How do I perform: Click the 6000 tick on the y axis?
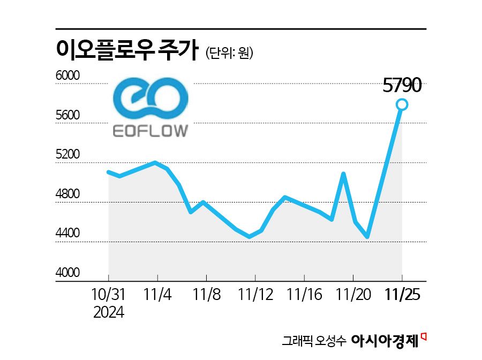tap(67, 76)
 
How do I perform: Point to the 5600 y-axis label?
tap(67, 116)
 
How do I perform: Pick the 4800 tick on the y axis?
tap(67, 194)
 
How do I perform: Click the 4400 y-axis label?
tap(67, 234)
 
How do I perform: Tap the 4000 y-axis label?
tap(67, 273)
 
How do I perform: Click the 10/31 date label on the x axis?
tap(108, 294)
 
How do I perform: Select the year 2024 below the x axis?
tap(108, 312)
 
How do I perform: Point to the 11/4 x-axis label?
tap(157, 294)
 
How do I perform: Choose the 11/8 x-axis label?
tap(206, 294)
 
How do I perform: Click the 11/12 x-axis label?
tap(255, 294)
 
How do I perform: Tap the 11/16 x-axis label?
tap(304, 294)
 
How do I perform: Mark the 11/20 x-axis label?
tap(353, 294)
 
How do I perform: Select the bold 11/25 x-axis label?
tap(402, 294)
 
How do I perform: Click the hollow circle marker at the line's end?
tap(402, 104)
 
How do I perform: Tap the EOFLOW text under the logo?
tap(150, 131)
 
